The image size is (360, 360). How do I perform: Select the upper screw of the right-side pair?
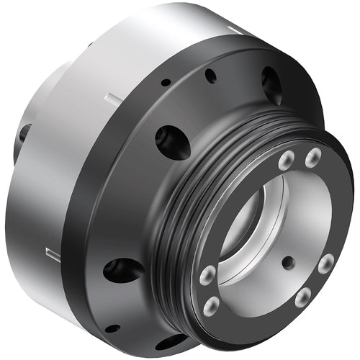pyautogui.click(x=325, y=264)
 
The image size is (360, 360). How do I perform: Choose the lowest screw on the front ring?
pyautogui.click(x=212, y=307)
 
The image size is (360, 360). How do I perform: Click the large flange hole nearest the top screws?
pyautogui.click(x=271, y=85)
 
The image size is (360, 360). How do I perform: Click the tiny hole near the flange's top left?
pyautogui.click(x=166, y=83)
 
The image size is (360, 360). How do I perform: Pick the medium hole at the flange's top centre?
pyautogui.click(x=210, y=75)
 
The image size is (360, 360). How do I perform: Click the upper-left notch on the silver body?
pyautogui.click(x=108, y=97)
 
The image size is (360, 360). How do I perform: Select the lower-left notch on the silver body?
pyautogui.click(x=52, y=253)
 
